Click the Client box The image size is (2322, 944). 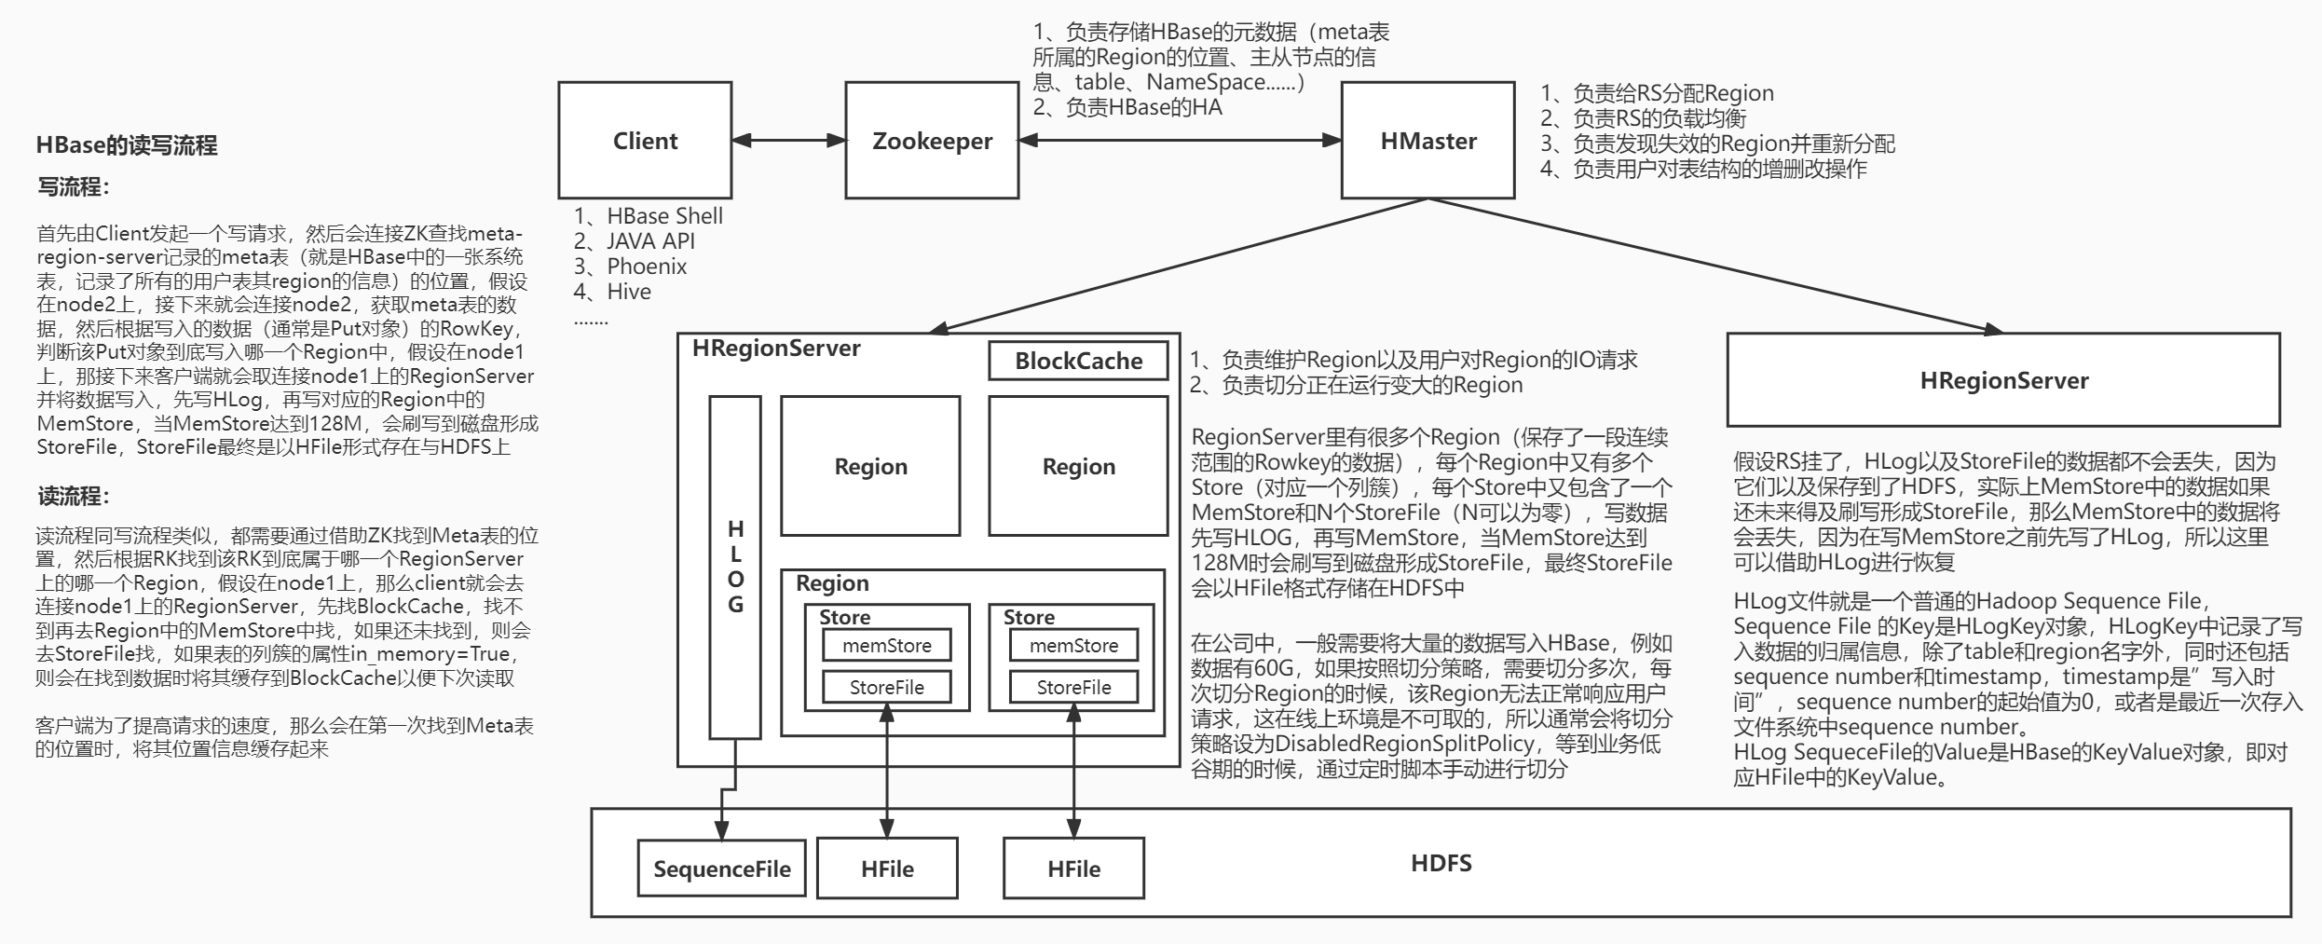[x=645, y=141]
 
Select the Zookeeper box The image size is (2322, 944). [x=932, y=141]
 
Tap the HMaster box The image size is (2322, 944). [x=1427, y=141]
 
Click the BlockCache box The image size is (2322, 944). [x=1078, y=362]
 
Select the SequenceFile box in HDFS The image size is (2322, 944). [x=721, y=869]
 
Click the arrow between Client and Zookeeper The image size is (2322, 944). [x=788, y=141]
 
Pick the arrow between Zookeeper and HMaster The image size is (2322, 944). [x=1180, y=141]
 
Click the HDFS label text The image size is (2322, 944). [x=1441, y=863]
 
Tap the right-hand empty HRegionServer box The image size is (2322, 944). [x=2003, y=380]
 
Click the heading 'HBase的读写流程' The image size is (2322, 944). [x=127, y=145]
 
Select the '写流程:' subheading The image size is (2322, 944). [x=74, y=187]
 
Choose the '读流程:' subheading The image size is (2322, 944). [x=74, y=497]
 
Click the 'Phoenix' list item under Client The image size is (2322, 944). [x=646, y=267]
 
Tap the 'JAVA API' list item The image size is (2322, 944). [x=649, y=241]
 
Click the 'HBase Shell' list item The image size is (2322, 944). [x=663, y=216]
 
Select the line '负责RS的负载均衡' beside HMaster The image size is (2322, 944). [x=1659, y=118]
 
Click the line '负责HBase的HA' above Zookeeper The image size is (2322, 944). [x=1142, y=107]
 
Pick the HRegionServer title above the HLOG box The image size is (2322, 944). [x=776, y=349]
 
